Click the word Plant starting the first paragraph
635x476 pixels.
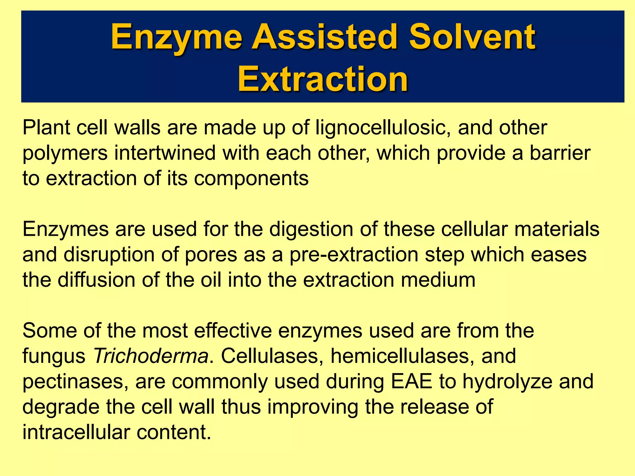tap(46, 128)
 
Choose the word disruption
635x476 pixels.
tap(109, 255)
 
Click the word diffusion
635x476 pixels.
tap(96, 280)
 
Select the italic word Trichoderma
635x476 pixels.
tap(151, 356)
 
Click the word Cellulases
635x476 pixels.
tap(269, 356)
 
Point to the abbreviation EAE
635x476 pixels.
tap(411, 381)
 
